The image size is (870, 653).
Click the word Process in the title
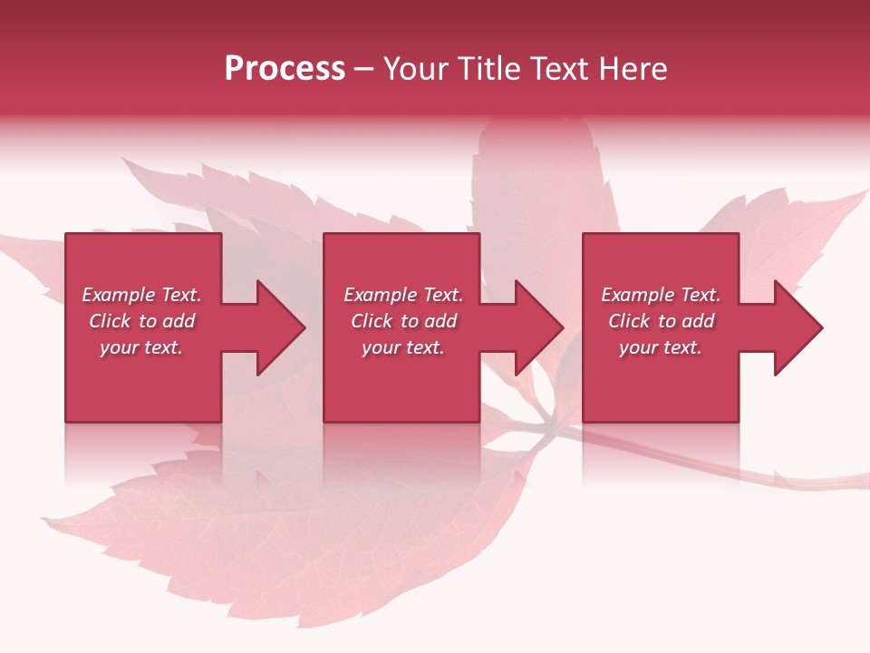pyautogui.click(x=285, y=69)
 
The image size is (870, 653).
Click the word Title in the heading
pyautogui.click(x=490, y=69)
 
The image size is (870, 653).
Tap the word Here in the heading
pyautogui.click(x=633, y=69)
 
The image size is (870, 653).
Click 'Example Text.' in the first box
pyautogui.click(x=142, y=295)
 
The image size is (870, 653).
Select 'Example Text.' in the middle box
pyautogui.click(x=403, y=295)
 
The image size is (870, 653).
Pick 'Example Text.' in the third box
pyautogui.click(x=661, y=295)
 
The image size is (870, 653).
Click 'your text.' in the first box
pyautogui.click(x=141, y=347)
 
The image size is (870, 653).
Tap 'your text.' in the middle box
pyautogui.click(x=402, y=347)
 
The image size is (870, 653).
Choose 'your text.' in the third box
pyautogui.click(x=660, y=347)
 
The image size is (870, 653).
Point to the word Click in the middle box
pyautogui.click(x=372, y=321)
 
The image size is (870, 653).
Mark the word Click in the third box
pyautogui.click(x=629, y=321)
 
